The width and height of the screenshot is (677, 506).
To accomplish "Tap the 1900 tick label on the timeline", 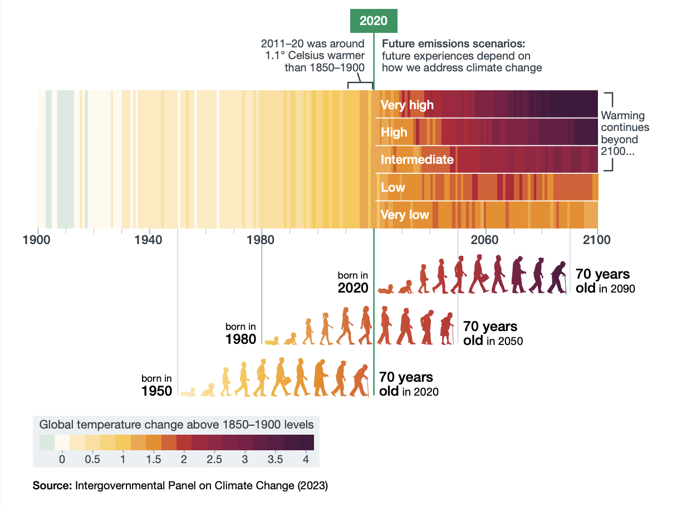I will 37,240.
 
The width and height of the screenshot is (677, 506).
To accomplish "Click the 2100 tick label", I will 597,240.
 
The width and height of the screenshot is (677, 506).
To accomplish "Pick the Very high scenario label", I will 407,105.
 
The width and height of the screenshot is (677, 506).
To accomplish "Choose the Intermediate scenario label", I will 417,160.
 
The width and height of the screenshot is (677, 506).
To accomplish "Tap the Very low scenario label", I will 405,215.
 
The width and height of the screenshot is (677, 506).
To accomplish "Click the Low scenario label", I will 393,187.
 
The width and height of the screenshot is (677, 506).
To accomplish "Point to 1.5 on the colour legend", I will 154,459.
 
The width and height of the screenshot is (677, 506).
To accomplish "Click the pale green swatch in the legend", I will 47,442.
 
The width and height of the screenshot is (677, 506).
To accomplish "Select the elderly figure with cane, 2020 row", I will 558,278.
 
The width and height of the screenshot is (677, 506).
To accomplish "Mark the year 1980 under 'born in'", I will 241,339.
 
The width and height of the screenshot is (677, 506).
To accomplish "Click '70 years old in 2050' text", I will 493,333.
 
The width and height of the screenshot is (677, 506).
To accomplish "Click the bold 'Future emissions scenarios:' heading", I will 453,43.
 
